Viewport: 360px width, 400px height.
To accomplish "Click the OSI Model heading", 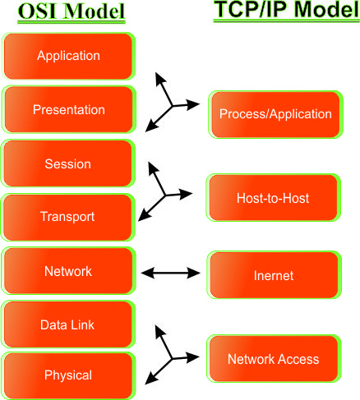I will pos(68,13).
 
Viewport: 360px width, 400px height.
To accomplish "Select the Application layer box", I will pos(68,56).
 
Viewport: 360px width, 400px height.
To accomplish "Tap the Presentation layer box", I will pos(68,109).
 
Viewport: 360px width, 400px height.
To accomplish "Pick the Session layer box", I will pos(68,163).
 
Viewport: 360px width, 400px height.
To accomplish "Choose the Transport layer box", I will pos(68,217).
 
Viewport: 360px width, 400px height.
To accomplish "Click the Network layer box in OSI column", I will pos(68,271).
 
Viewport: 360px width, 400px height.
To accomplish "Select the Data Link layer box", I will pos(68,324).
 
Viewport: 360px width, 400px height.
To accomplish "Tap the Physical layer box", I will pos(68,375).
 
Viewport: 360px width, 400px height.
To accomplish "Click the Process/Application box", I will pos(275,114).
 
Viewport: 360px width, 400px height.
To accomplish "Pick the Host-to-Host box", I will pos(273,198).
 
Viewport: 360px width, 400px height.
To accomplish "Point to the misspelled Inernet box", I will pos(275,275).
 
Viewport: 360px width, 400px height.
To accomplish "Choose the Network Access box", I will pos(273,359).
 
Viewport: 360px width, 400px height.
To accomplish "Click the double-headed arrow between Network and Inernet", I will pos(172,271).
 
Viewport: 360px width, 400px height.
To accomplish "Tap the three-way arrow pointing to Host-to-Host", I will pos(167,193).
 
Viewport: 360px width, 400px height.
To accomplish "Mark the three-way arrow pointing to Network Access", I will pos(170,356).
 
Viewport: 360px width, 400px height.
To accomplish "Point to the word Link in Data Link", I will pos(83,324).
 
